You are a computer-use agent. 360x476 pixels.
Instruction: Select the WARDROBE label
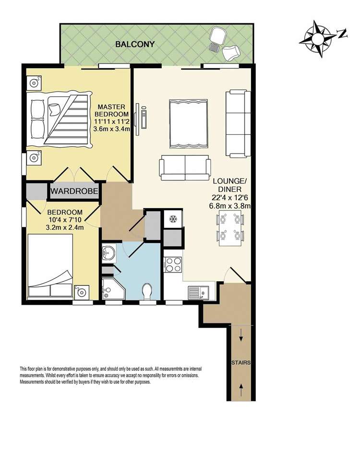(x=74, y=191)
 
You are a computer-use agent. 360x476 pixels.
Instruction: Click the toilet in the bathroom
(x=148, y=291)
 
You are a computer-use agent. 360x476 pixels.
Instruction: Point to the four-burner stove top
(x=173, y=264)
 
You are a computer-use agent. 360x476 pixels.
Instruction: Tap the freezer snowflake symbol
(x=173, y=219)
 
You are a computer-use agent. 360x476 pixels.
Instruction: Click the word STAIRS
(x=241, y=362)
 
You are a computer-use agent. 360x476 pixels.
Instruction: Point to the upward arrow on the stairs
(x=241, y=390)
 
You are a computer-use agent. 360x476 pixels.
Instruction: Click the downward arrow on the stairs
(x=241, y=335)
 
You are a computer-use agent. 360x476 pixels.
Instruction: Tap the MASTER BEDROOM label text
(x=111, y=110)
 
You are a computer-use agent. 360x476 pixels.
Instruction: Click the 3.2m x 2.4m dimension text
(x=65, y=227)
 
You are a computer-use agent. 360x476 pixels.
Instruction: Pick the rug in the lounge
(x=188, y=123)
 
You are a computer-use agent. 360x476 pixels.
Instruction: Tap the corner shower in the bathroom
(x=113, y=289)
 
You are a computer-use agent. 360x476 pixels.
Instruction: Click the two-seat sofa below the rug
(x=185, y=168)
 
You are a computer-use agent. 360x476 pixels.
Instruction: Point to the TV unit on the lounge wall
(x=141, y=119)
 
